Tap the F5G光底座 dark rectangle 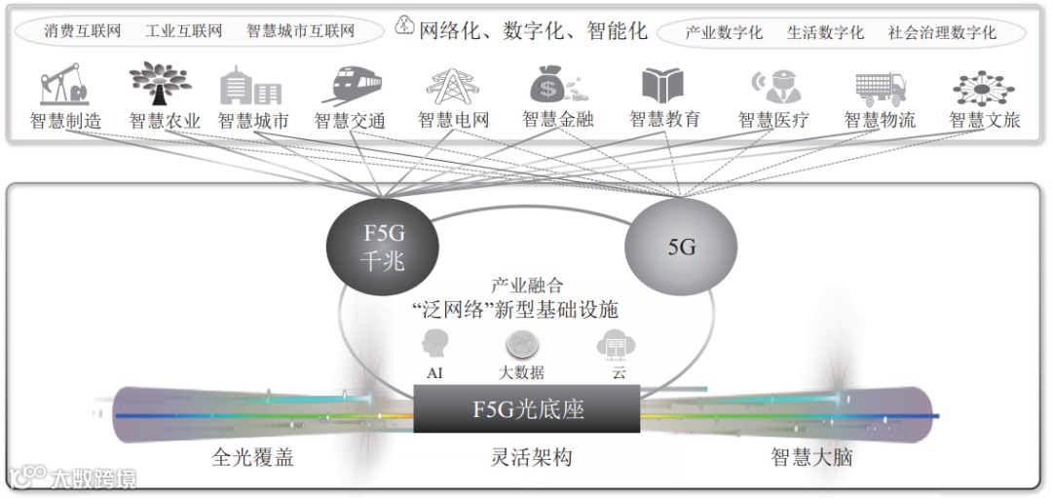[x=527, y=408]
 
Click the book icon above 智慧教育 [x=662, y=86]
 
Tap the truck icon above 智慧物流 [x=880, y=87]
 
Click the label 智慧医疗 [x=773, y=121]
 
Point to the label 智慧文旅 [x=984, y=121]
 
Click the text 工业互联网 [x=183, y=31]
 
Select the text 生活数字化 [x=825, y=32]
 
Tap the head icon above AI [x=434, y=345]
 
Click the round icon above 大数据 [x=521, y=344]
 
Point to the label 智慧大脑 [x=810, y=456]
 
